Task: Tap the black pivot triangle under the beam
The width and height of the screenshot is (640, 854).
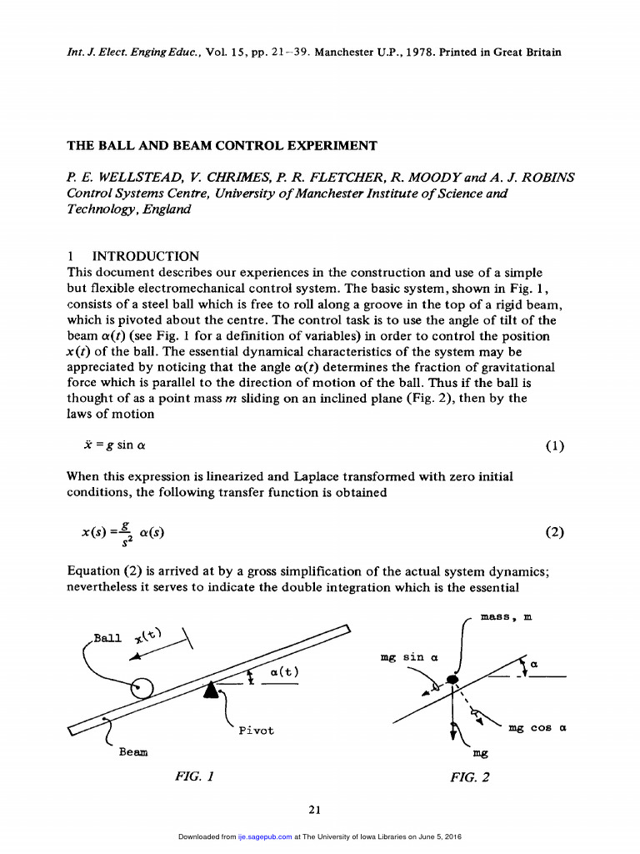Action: click(x=214, y=688)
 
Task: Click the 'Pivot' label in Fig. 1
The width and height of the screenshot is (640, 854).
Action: click(x=256, y=731)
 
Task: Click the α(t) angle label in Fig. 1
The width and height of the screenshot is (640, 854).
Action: click(x=284, y=672)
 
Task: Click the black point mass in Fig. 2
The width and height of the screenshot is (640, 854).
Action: click(x=452, y=681)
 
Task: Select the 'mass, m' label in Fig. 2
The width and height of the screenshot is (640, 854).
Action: click(x=508, y=619)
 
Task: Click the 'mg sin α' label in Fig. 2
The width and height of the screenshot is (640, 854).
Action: click(x=403, y=657)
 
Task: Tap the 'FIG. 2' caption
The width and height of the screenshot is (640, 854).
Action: click(x=470, y=777)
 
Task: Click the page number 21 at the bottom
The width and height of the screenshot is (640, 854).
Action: click(x=315, y=809)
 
